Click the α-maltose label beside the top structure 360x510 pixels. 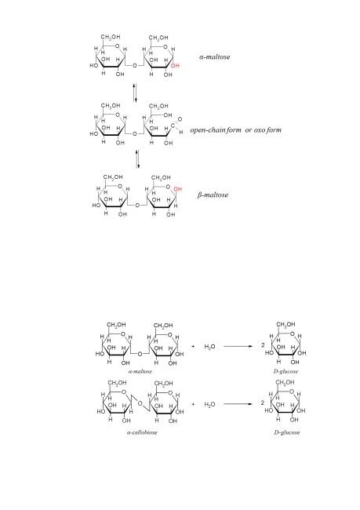pos(214,57)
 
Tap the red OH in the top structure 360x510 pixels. pos(175,66)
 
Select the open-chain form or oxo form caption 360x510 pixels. pos(236,130)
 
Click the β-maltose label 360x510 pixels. pos(213,195)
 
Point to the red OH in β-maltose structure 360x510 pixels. pos(177,189)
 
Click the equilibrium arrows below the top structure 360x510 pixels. pos(135,93)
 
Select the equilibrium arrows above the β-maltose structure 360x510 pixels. pos(137,159)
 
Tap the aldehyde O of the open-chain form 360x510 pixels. pos(180,119)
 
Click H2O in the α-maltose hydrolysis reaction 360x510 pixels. pos(209,347)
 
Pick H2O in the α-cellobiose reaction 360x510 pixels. pos(209,405)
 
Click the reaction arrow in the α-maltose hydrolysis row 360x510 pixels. pos(238,346)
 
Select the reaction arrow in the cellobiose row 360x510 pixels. pos(238,404)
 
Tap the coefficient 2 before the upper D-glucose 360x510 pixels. pos(263,345)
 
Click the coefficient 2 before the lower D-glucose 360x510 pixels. pos(263,403)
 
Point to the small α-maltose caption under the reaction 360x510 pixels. pos(140,371)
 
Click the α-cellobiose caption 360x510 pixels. pos(142,432)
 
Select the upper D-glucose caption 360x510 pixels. pos(285,371)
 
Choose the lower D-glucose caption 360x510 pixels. pos(287,432)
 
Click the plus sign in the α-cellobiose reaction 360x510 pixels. pos(193,404)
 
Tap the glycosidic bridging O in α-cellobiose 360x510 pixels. pos(140,403)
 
